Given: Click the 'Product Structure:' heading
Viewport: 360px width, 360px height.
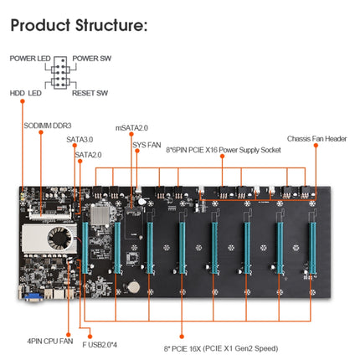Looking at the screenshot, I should [79, 25].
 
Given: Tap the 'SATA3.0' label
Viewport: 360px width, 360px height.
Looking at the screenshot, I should [80, 140].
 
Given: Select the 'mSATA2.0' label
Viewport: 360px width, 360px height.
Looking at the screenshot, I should [131, 128].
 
